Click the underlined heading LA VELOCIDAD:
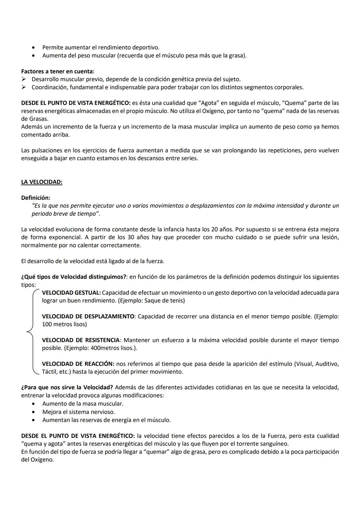(x=42, y=182)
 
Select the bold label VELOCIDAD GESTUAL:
(x=71, y=293)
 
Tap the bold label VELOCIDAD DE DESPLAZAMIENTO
(x=88, y=316)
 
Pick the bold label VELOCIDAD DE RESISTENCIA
(x=81, y=340)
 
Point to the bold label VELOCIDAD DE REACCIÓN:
(x=78, y=364)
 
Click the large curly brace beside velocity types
(x=31, y=332)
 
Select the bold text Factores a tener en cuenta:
(x=58, y=71)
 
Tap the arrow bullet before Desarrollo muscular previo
(x=24, y=79)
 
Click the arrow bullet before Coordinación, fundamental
(x=24, y=87)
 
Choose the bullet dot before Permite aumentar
(x=34, y=48)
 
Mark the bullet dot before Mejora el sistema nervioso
(x=34, y=412)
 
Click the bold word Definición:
(x=36, y=198)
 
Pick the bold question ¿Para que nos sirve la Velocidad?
(x=67, y=388)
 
